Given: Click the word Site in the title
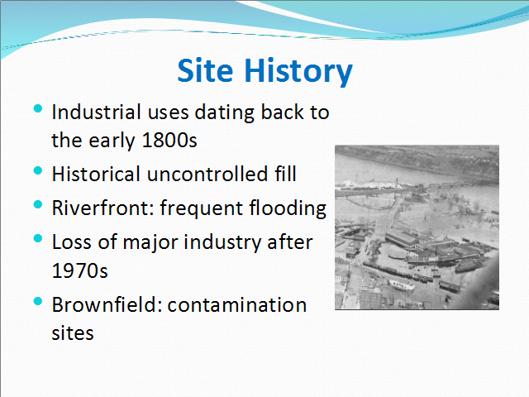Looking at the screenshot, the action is (x=205, y=70).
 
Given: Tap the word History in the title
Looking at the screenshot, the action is (x=298, y=72).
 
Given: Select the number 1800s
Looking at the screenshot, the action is (x=169, y=140).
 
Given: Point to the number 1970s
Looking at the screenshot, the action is (x=79, y=270).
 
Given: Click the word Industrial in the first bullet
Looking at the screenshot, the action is (x=96, y=112).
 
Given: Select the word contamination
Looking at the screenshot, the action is (x=237, y=305).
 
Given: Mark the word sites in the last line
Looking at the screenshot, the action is (x=73, y=333).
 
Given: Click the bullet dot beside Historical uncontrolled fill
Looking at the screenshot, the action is (x=38, y=170).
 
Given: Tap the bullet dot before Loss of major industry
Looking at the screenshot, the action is (x=38, y=238).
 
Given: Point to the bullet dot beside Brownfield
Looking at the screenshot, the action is (x=38, y=301).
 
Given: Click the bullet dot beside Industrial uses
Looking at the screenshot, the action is (x=38, y=108).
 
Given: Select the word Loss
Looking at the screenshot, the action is (x=72, y=242).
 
